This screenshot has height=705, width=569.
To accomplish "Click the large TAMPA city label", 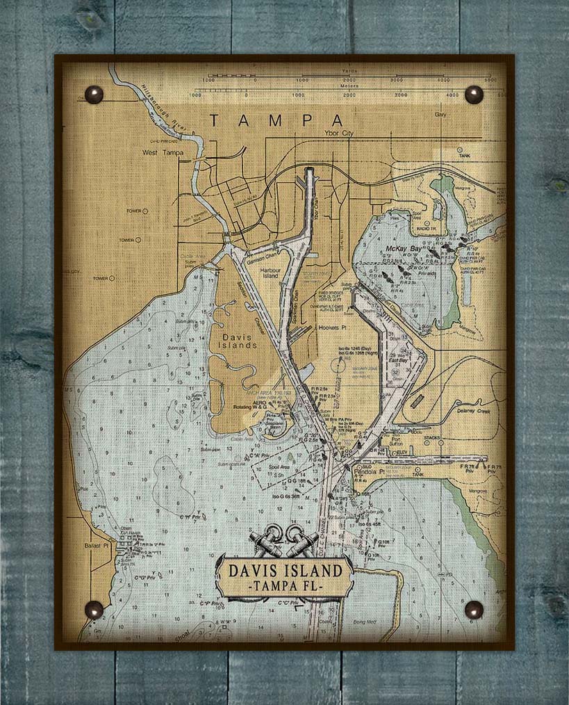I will coord(277,120).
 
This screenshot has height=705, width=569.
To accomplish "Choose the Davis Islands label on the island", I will coord(240,340).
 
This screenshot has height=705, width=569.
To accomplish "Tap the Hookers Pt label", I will coord(333,327).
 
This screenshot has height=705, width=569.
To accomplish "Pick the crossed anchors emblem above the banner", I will coord(283,541).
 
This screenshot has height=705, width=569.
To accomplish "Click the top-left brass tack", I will coord(93,94).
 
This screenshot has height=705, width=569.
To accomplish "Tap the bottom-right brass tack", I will coord(474,610).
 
